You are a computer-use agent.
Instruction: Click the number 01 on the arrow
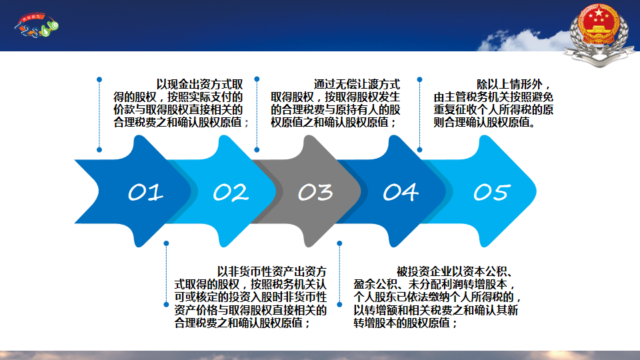click(x=146, y=192)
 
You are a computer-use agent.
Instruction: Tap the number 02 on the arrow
click(x=231, y=192)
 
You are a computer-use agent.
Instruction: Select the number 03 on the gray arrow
click(x=315, y=192)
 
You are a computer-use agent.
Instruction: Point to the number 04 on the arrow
click(x=401, y=192)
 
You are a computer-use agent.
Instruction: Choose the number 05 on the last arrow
click(x=492, y=192)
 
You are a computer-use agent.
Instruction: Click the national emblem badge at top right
click(x=599, y=33)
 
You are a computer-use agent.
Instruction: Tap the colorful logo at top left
click(x=37, y=25)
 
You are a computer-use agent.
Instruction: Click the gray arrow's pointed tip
click(x=361, y=191)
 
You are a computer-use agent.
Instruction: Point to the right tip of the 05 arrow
click(x=536, y=191)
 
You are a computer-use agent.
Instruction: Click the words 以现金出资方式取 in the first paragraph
click(x=199, y=85)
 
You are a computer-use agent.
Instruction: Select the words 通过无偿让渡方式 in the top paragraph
click(x=357, y=85)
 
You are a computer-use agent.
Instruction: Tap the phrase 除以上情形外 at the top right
click(x=509, y=85)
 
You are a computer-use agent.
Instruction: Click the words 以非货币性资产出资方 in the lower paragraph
click(x=272, y=271)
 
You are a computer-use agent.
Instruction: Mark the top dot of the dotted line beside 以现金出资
click(x=99, y=79)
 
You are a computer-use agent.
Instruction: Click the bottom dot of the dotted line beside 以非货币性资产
click(x=166, y=305)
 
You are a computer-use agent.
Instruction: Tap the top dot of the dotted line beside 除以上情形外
click(x=419, y=79)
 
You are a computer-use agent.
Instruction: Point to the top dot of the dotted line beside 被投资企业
click(x=339, y=244)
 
